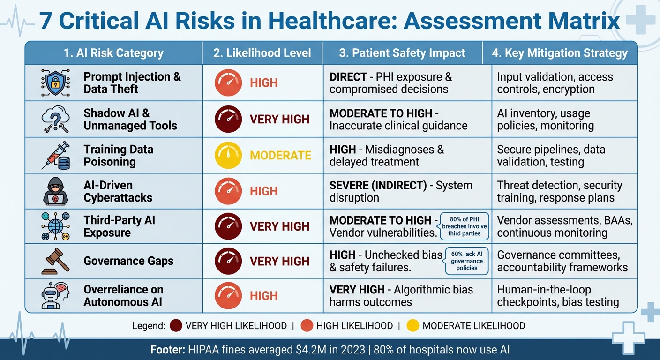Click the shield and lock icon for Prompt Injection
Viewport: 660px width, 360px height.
(55, 83)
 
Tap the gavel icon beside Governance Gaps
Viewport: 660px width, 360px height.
(55, 261)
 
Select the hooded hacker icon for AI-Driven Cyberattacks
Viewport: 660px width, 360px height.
(55, 191)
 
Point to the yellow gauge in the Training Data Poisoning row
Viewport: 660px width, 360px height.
(228, 155)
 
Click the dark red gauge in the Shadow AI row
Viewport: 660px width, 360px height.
(228, 119)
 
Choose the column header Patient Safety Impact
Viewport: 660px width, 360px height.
(402, 53)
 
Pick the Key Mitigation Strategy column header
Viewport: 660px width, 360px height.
(560, 53)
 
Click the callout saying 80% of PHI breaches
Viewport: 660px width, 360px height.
(464, 226)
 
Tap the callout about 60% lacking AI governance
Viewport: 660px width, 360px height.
(466, 261)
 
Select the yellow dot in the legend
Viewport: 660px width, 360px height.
(412, 325)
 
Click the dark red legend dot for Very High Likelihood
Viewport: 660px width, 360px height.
(176, 325)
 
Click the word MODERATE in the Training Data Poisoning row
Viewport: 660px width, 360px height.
(280, 155)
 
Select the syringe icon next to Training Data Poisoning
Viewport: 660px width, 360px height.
(55, 155)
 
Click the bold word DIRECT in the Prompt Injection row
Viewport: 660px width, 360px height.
(348, 77)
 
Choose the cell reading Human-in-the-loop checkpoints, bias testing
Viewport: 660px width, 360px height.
(558, 296)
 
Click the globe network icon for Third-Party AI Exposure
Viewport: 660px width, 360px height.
(55, 226)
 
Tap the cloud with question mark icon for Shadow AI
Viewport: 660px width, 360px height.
(55, 119)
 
